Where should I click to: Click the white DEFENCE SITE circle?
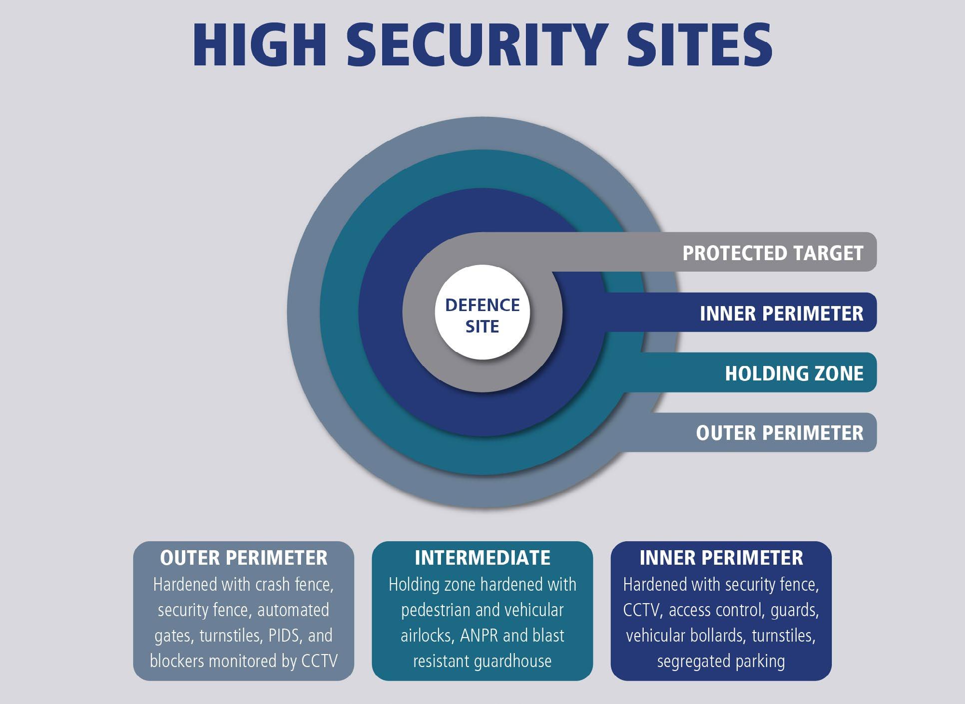(482, 315)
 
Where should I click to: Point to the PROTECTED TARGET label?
(773, 253)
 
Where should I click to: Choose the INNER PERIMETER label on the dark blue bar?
(781, 314)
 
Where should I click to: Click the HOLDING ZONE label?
(794, 373)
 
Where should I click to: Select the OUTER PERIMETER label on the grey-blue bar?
(779, 433)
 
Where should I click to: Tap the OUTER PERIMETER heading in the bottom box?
(244, 558)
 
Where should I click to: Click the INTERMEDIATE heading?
(482, 558)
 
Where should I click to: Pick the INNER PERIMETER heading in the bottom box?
(721, 558)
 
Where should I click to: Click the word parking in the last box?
(763, 661)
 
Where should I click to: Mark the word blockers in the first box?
(177, 661)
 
